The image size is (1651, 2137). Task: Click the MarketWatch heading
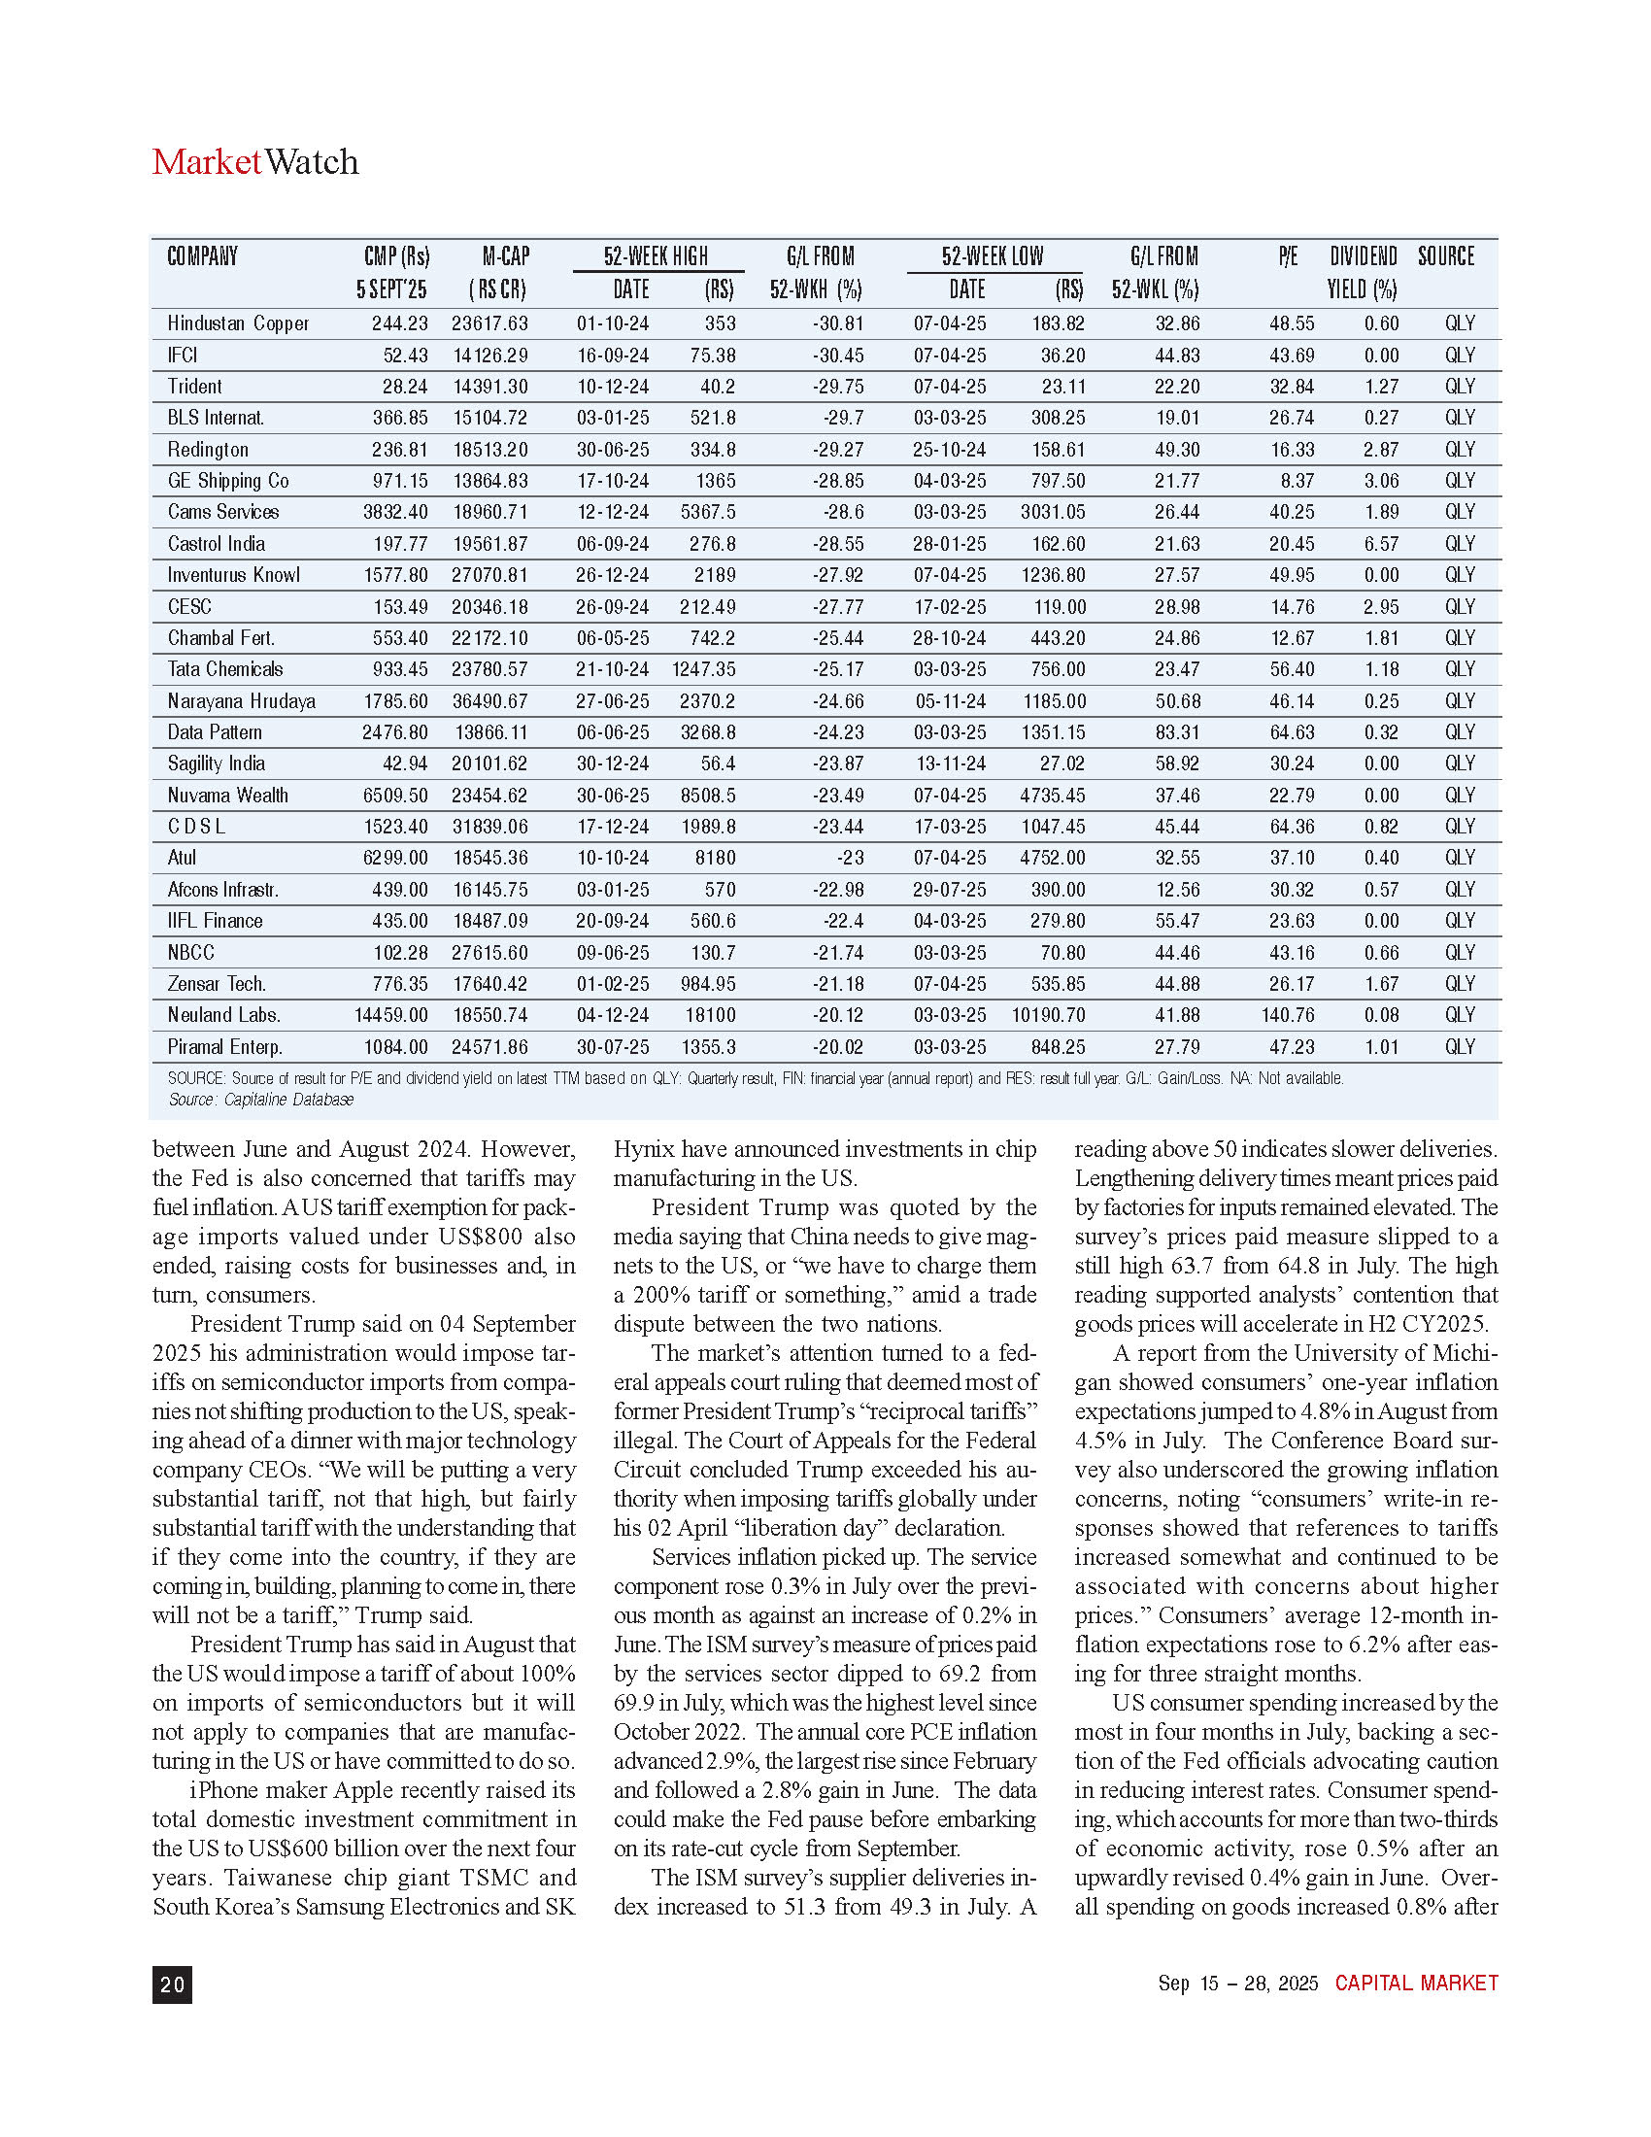255,161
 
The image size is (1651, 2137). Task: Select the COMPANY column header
202,256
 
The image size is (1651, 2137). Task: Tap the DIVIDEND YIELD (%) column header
1363,272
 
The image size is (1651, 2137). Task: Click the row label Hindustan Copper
238,323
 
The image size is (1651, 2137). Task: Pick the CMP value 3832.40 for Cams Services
395,512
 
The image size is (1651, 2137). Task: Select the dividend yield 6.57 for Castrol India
1381,544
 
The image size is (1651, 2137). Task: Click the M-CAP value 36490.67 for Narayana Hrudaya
489,701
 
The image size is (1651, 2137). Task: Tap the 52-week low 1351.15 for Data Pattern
1053,732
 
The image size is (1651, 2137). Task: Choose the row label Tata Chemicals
225,669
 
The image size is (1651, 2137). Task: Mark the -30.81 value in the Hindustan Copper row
837,323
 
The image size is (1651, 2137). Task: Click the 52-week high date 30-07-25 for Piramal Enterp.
612,1047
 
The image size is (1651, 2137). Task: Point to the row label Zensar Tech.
217,983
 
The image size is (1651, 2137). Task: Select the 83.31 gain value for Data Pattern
1177,732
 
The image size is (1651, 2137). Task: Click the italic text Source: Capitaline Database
260,1100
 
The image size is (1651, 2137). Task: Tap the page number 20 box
172,1984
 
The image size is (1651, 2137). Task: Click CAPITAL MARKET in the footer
1416,1984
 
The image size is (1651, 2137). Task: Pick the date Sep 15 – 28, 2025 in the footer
1237,1984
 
